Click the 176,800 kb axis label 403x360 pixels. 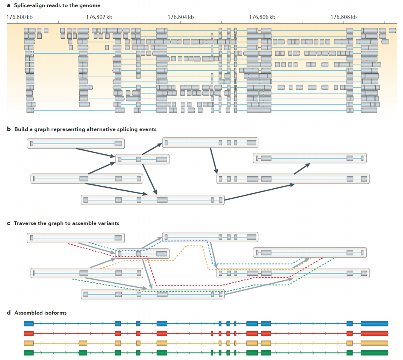click(19, 17)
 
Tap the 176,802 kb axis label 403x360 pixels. click(99, 17)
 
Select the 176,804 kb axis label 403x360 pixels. click(181, 17)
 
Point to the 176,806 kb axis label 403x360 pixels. click(262, 17)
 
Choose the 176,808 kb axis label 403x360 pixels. click(344, 17)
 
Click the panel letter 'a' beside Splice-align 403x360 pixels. click(8, 5)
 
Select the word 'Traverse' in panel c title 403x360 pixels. click(25, 223)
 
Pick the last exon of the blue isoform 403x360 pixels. click(374, 324)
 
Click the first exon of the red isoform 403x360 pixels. click(29, 333)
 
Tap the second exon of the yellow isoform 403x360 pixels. click(83, 343)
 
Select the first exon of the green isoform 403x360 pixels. click(29, 353)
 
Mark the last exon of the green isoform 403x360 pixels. click(374, 353)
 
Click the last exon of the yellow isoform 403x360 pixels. click(374, 343)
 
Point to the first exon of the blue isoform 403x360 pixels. click(29, 324)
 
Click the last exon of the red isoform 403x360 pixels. click(374, 333)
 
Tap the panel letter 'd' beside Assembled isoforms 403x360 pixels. click(9, 313)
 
